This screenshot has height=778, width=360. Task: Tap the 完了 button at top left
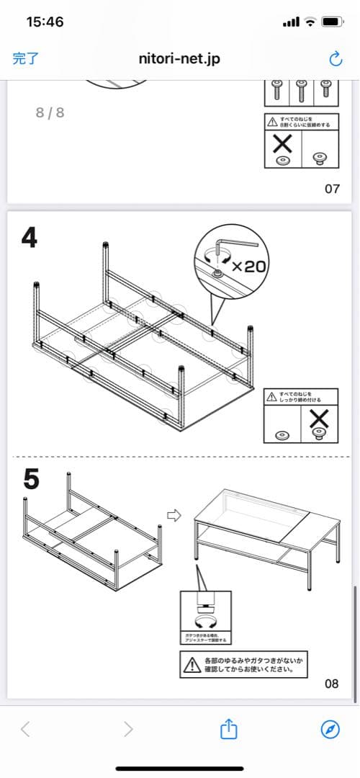tap(26, 59)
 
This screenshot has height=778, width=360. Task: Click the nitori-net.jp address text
tap(179, 59)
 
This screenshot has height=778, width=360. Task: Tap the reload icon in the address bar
tap(335, 59)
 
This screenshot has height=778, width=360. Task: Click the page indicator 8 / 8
tap(50, 112)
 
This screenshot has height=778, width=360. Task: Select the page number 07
tap(332, 189)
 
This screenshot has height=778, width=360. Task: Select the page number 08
tap(331, 684)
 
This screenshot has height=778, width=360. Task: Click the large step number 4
tap(30, 238)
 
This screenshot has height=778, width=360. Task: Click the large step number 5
tap(31, 478)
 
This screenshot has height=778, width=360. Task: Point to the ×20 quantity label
tap(249, 266)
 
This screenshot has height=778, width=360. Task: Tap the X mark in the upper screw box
tap(282, 146)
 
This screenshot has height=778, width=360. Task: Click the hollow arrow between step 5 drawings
tap(172, 515)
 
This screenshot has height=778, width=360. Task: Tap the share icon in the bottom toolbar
tap(228, 729)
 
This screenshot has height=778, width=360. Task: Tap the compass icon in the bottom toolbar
tap(330, 729)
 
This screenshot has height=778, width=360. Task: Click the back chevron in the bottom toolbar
tap(25, 729)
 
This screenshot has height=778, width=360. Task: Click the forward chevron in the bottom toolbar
tap(128, 729)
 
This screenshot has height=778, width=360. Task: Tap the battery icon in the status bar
tap(332, 22)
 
